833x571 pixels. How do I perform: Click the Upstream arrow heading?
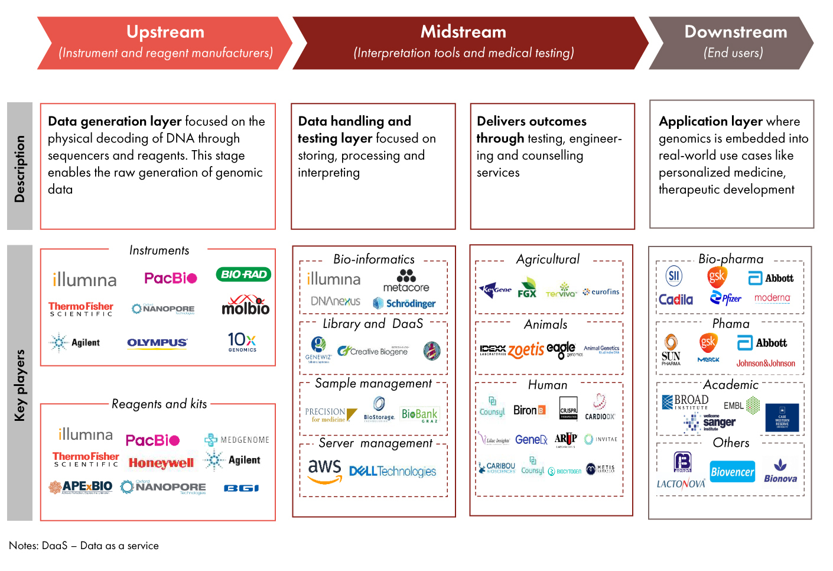[165, 33]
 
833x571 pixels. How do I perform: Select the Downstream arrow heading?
[736, 33]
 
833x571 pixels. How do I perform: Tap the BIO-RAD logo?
[243, 274]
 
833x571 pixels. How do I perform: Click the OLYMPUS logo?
[157, 343]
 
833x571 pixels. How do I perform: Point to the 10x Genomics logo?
[242, 342]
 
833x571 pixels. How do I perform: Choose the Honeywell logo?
[161, 463]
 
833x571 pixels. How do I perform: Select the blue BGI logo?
[241, 488]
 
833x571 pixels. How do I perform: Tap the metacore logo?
[406, 281]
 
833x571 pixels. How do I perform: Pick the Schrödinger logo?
[405, 303]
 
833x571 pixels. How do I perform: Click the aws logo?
[324, 471]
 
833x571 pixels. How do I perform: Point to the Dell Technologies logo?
[392, 471]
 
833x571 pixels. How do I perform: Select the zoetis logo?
[526, 350]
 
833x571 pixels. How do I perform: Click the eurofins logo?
[601, 292]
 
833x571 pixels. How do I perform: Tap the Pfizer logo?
[726, 298]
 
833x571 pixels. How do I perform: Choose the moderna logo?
[772, 298]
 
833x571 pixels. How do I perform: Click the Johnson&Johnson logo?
[766, 364]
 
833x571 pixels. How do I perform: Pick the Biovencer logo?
[733, 472]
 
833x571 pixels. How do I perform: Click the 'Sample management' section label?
[373, 384]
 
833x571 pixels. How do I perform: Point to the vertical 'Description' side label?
[19, 168]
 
